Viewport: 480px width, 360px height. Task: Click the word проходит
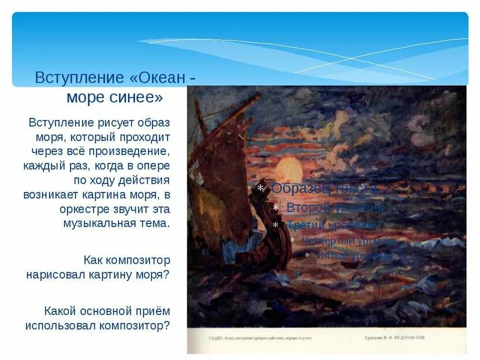pyautogui.click(x=145, y=138)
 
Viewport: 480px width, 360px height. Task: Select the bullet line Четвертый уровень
pyautogui.click(x=349, y=240)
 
